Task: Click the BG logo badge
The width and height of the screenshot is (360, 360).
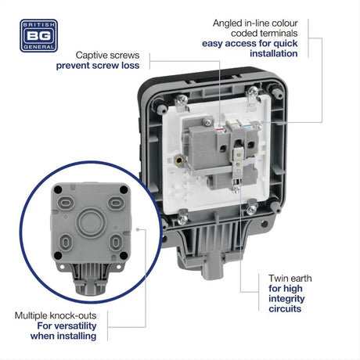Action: point(40,35)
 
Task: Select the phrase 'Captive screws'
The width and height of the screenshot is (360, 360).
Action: point(107,56)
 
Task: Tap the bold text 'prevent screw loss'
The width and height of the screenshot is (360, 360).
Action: point(98,67)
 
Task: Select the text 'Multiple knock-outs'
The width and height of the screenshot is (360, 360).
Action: point(56,316)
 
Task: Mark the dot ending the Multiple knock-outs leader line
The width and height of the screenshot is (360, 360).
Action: point(138,229)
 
